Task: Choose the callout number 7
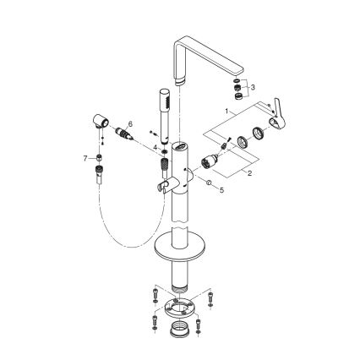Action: click(85, 157)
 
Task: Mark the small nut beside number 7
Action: click(99, 158)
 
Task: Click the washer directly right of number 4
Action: click(161, 150)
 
